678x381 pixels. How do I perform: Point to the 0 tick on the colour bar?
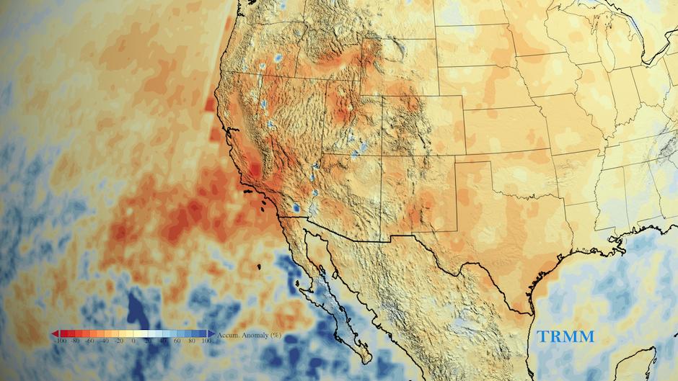(133, 341)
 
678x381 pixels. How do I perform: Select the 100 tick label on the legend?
(206, 341)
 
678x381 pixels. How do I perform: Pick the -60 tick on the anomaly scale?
(90, 341)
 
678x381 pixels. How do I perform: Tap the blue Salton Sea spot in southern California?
(296, 208)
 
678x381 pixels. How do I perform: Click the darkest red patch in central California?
(254, 171)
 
